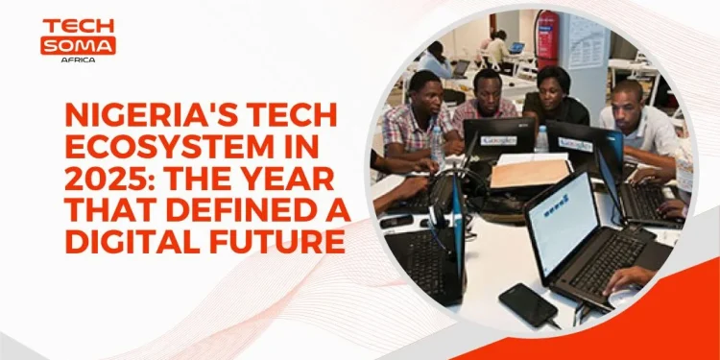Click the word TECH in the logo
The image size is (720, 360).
coord(79,26)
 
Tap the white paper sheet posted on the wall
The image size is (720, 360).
coord(585,39)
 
